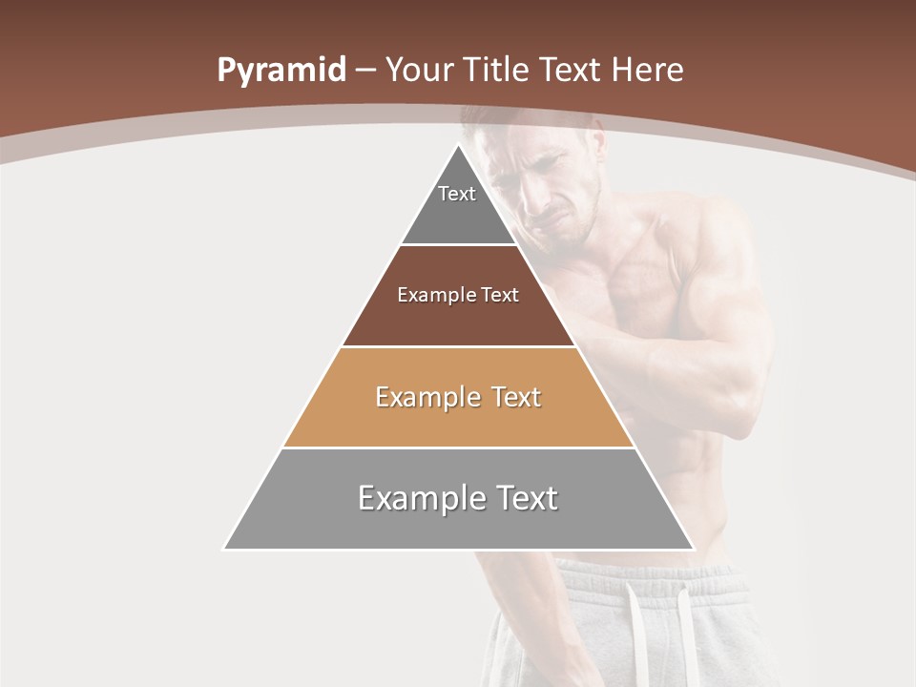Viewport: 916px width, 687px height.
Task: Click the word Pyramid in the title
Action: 281,71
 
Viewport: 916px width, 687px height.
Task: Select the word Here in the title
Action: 647,70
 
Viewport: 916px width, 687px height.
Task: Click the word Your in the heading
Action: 421,70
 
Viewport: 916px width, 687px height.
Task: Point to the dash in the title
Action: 365,72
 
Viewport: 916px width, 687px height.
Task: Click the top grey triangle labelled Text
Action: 458,205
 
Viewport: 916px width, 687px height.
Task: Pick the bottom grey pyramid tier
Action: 458,510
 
